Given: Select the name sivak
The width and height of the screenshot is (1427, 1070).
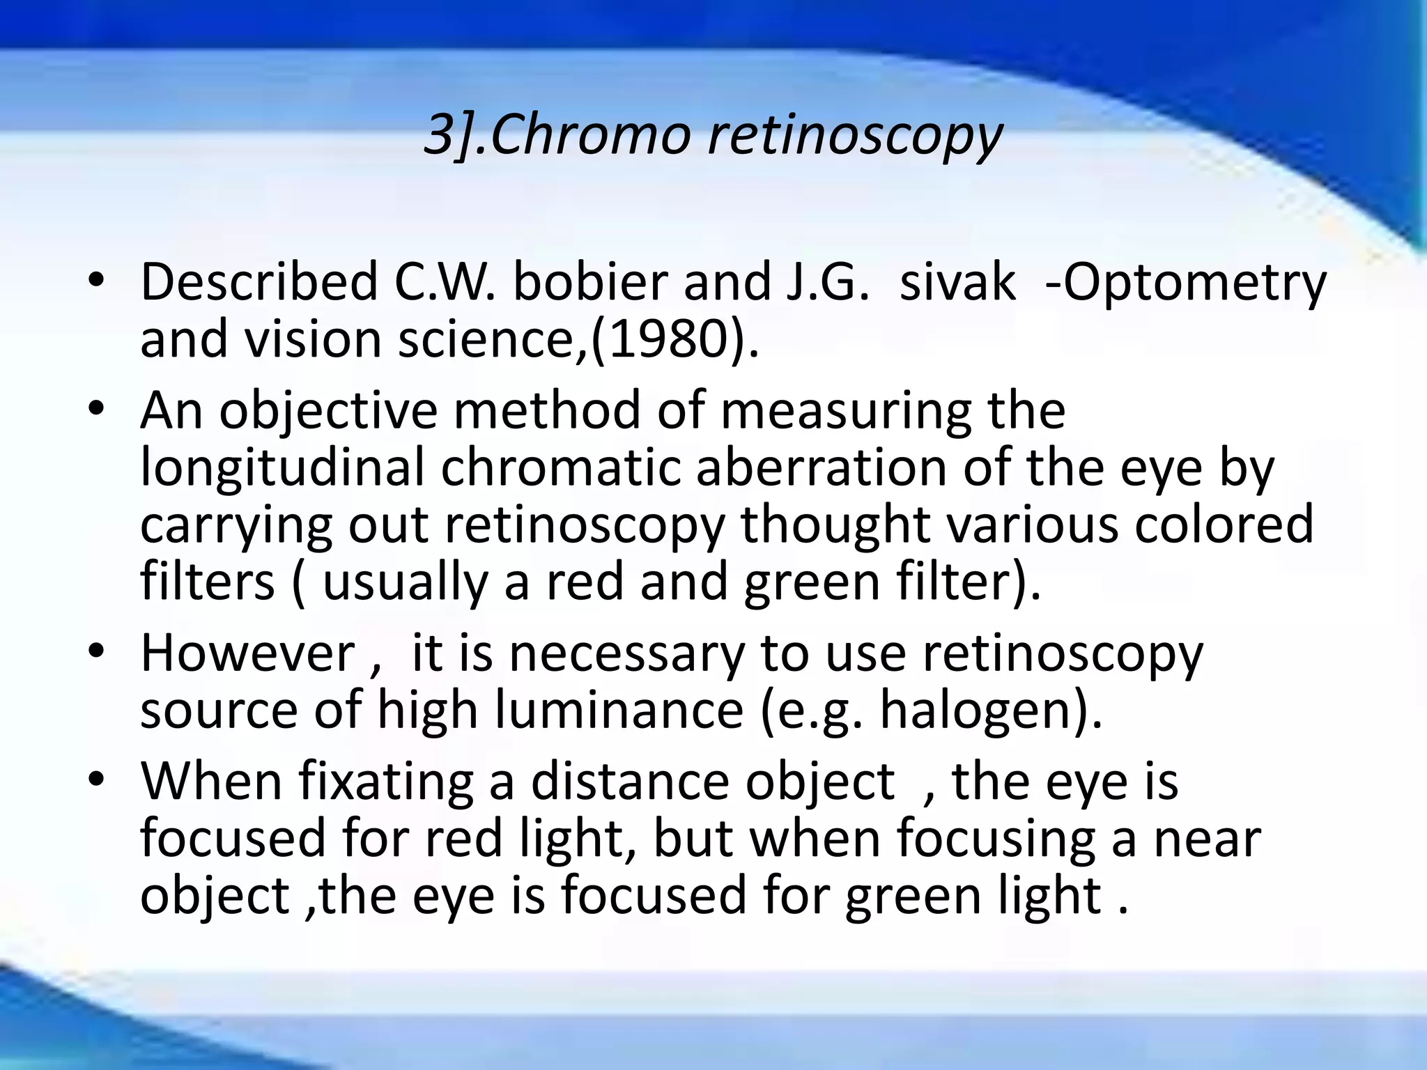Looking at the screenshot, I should pyautogui.click(x=957, y=282).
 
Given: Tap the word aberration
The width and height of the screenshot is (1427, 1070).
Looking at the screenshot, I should pyautogui.click(x=820, y=467).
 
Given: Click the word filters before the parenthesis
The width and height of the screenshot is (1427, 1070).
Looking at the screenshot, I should pyautogui.click(x=208, y=582).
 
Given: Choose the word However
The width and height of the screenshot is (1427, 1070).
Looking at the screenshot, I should pyautogui.click(x=248, y=653).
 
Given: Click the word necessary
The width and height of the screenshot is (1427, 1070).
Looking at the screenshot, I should pyautogui.click(x=626, y=653).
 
